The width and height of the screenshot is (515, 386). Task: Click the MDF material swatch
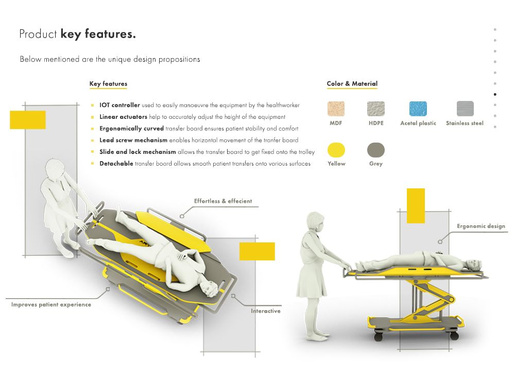click(336, 109)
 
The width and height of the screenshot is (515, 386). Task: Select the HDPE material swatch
click(376, 109)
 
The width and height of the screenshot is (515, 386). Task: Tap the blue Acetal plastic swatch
click(418, 109)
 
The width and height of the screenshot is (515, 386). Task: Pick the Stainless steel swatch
click(465, 109)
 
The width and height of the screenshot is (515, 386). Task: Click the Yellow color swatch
click(336, 150)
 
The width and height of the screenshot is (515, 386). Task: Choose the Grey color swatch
click(376, 150)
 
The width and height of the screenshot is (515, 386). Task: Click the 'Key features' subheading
click(108, 84)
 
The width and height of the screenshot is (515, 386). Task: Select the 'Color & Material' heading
click(352, 84)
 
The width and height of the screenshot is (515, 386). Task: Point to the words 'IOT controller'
click(119, 105)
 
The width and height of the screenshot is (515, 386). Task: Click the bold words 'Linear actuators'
click(123, 117)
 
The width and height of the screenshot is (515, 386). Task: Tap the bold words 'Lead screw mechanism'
click(133, 140)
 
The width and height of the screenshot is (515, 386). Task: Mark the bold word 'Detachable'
click(116, 164)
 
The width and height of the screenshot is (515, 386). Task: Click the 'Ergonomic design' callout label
click(481, 226)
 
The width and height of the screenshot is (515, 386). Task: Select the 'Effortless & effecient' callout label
click(223, 201)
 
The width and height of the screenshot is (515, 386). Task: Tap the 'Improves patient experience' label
click(51, 305)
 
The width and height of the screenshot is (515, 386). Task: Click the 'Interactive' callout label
click(266, 311)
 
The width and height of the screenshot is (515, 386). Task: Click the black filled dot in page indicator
click(495, 94)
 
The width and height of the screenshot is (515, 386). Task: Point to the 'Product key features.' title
click(77, 34)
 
